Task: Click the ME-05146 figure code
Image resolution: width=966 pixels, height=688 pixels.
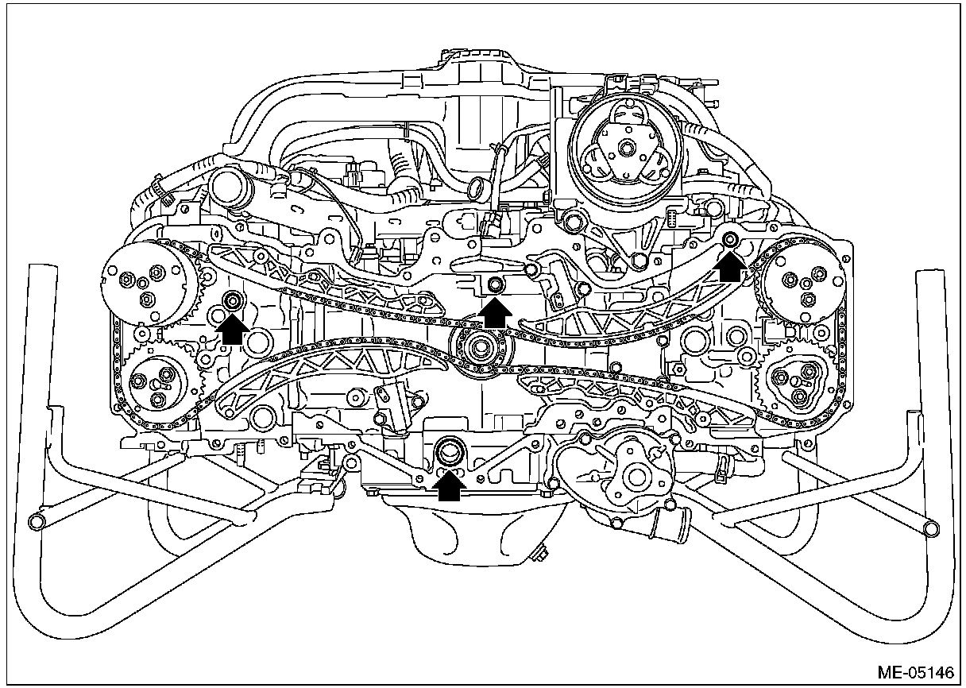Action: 914,673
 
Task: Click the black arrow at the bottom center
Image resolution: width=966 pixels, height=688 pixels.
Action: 450,484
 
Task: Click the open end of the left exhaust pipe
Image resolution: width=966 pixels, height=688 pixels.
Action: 35,520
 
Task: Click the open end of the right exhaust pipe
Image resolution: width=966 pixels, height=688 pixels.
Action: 931,528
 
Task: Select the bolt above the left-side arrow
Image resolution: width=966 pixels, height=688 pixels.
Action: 234,300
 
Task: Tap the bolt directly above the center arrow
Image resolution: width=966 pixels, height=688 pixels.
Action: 495,284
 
